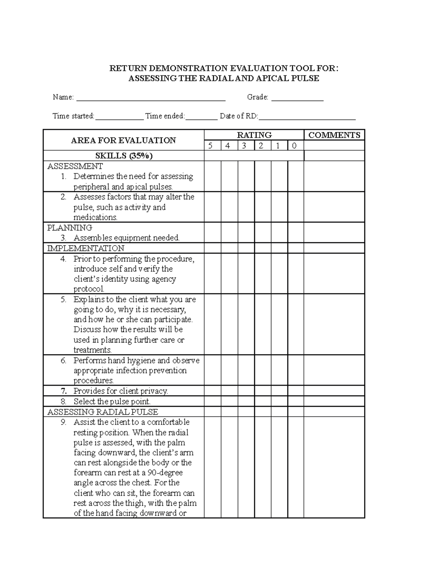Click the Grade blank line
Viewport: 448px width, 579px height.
[297, 100]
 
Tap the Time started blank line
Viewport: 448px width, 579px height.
[119, 118]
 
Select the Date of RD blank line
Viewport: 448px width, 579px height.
[307, 118]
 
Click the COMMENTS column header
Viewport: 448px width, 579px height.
[334, 135]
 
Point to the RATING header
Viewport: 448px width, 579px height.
[254, 135]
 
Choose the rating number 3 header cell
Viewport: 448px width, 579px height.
[244, 146]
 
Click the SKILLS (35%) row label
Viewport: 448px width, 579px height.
[124, 156]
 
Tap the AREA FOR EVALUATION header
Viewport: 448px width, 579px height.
[123, 140]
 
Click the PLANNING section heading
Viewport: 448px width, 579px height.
[70, 228]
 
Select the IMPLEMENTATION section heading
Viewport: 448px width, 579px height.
[86, 248]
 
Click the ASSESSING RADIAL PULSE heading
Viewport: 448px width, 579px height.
[103, 412]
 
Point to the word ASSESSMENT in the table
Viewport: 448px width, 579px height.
[75, 166]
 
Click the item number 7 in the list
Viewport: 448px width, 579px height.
[64, 391]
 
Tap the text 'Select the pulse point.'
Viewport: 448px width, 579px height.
[112, 402]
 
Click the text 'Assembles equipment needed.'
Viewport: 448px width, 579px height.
[126, 238]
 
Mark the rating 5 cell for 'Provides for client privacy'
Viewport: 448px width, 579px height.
[212, 391]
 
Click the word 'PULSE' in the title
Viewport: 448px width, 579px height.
[305, 78]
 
